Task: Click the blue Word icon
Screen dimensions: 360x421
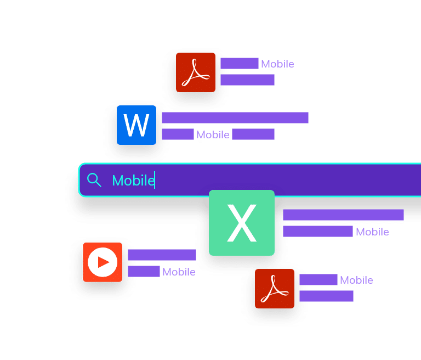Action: [136, 125]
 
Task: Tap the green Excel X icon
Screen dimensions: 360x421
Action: [242, 223]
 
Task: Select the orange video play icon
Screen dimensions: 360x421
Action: [103, 262]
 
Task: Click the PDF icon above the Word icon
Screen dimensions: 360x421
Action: [196, 72]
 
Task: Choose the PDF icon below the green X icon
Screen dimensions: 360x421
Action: [275, 288]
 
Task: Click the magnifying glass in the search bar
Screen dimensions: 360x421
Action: [94, 180]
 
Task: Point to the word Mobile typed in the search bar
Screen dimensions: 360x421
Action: [133, 180]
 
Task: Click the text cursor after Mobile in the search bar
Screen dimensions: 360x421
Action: [155, 180]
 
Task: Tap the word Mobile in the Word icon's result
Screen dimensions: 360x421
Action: [213, 134]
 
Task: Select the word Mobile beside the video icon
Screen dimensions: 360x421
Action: [179, 272]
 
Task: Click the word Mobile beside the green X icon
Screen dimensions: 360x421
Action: [372, 232]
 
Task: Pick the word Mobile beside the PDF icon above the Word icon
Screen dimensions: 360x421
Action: [277, 64]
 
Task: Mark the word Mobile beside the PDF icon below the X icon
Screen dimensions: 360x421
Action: [356, 280]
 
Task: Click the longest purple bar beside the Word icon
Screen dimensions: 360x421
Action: [235, 118]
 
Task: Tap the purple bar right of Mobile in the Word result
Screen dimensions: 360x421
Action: [253, 134]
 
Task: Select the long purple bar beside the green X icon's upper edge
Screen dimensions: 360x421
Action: [343, 215]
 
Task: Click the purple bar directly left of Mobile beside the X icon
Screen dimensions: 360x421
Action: [318, 232]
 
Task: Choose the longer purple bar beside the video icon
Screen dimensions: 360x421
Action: [162, 255]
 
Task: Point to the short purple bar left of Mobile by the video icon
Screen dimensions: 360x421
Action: [144, 271]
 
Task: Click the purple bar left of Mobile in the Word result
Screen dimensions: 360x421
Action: [178, 134]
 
